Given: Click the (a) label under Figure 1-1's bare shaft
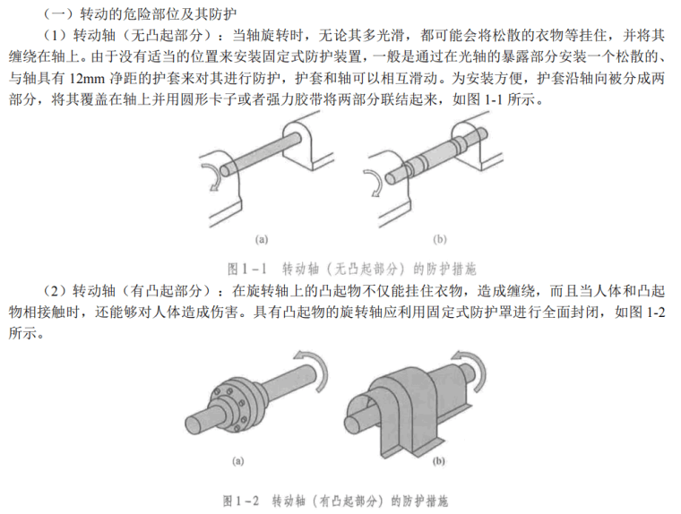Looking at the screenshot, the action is (261, 239).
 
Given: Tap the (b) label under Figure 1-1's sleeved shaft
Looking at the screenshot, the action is (440, 239).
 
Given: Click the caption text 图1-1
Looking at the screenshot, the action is (244, 267).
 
